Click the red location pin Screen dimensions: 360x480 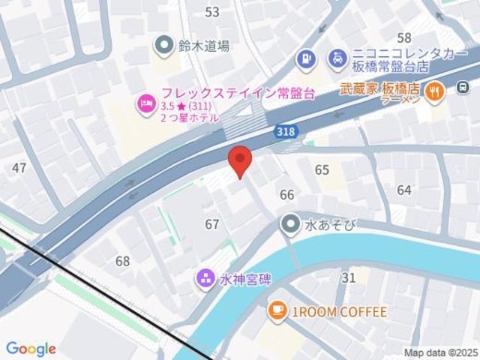[239, 160]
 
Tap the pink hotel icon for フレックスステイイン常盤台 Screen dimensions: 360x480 [145, 103]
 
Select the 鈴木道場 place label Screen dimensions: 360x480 [203, 46]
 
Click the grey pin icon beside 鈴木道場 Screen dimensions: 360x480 [163, 46]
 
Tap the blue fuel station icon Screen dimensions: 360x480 [305, 57]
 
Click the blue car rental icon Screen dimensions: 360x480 [338, 56]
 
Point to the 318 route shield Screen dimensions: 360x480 [286, 132]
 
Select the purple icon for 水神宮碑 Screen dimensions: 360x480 [205, 279]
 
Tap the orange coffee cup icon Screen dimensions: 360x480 [277, 310]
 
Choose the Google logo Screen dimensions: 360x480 [31, 349]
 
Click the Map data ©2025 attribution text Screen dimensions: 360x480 [439, 352]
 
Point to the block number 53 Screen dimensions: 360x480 [212, 12]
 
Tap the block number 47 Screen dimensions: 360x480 [19, 168]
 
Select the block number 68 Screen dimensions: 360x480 [122, 261]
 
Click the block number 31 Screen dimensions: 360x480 [348, 277]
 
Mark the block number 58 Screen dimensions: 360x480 [404, 37]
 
